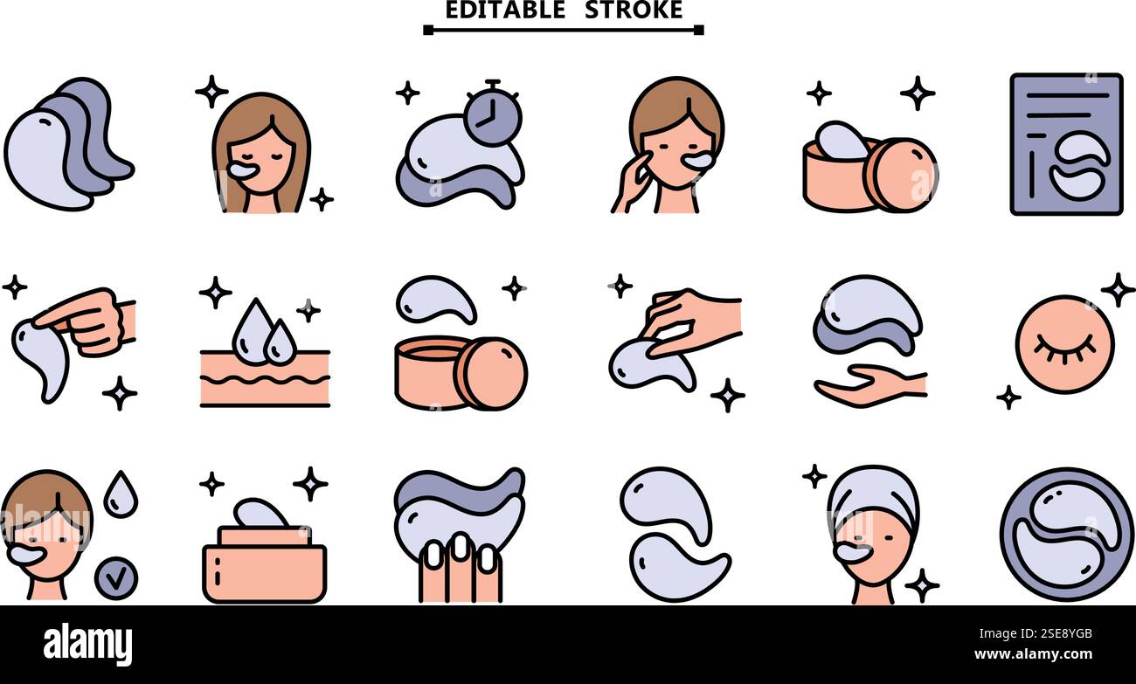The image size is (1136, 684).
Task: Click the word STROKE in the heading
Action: pos(634,10)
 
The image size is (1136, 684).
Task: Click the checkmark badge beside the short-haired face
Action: pos(115,579)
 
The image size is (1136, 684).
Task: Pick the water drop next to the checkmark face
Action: pos(120,494)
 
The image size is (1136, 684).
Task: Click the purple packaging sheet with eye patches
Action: pos(1065,144)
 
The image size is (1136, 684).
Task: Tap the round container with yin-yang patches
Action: pos(1066,534)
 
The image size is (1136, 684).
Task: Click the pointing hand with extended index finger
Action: pos(87,321)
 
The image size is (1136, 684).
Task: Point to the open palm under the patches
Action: pos(869,385)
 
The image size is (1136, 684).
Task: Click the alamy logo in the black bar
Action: pos(87,645)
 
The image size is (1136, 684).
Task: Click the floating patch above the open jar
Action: pos(435,298)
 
